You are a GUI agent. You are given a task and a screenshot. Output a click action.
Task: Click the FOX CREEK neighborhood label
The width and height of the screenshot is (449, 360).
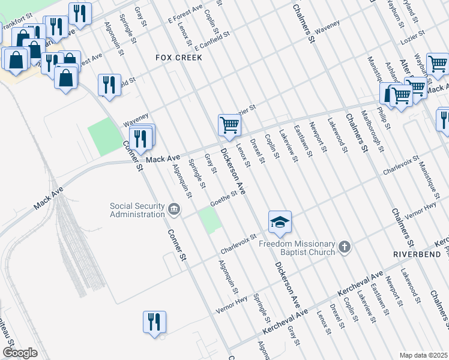(x=178, y=58)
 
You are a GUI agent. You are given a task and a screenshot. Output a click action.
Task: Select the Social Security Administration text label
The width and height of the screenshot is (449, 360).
(x=137, y=210)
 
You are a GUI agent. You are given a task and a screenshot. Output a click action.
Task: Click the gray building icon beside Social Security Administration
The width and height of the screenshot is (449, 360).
(x=174, y=209)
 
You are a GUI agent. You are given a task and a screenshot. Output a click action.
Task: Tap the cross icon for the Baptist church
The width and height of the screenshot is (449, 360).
(x=344, y=247)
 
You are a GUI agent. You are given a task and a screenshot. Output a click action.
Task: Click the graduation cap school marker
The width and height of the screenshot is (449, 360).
(x=280, y=223)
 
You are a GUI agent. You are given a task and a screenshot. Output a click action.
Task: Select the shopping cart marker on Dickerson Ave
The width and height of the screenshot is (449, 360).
(x=229, y=125)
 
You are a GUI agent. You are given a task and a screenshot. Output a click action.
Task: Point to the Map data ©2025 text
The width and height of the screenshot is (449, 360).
(x=424, y=355)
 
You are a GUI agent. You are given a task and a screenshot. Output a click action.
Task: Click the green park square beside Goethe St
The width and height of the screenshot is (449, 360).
(x=210, y=223)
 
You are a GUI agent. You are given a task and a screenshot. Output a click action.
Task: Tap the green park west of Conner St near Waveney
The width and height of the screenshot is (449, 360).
(x=104, y=137)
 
